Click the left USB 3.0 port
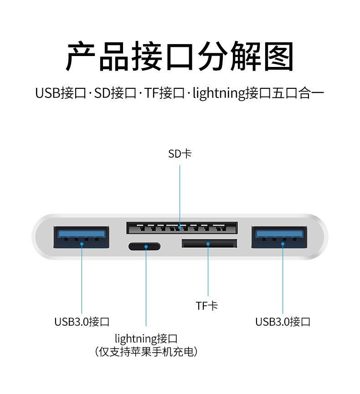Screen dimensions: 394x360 pos(82,237)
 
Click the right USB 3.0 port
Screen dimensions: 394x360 pos(279,237)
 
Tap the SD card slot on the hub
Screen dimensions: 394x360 pos(181,228)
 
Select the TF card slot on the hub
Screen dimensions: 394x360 pos(209,243)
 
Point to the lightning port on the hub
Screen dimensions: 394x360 pos(144,247)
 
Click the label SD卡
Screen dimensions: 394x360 pos(180,154)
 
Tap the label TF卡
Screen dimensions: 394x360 pos(207,306)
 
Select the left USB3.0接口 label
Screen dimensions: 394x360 pos(82,322)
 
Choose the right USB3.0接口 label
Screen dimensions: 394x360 pos(283,322)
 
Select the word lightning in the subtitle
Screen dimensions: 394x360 pos(219,94)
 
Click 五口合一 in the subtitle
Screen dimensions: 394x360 pos(298,94)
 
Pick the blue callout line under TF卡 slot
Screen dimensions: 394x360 pos(208,271)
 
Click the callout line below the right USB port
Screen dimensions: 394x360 pos(283,278)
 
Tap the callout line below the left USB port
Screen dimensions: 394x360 pos(82,278)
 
